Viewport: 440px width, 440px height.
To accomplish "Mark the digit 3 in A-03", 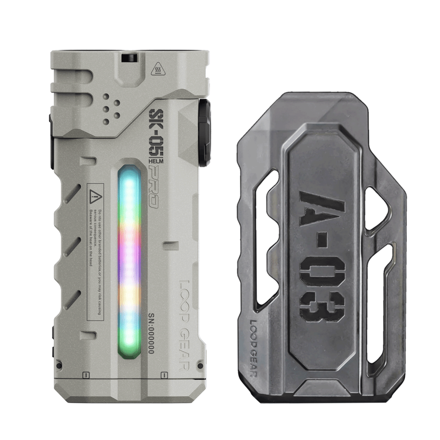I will click(x=323, y=306).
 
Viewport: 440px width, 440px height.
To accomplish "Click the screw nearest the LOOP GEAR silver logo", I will click(x=200, y=365).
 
